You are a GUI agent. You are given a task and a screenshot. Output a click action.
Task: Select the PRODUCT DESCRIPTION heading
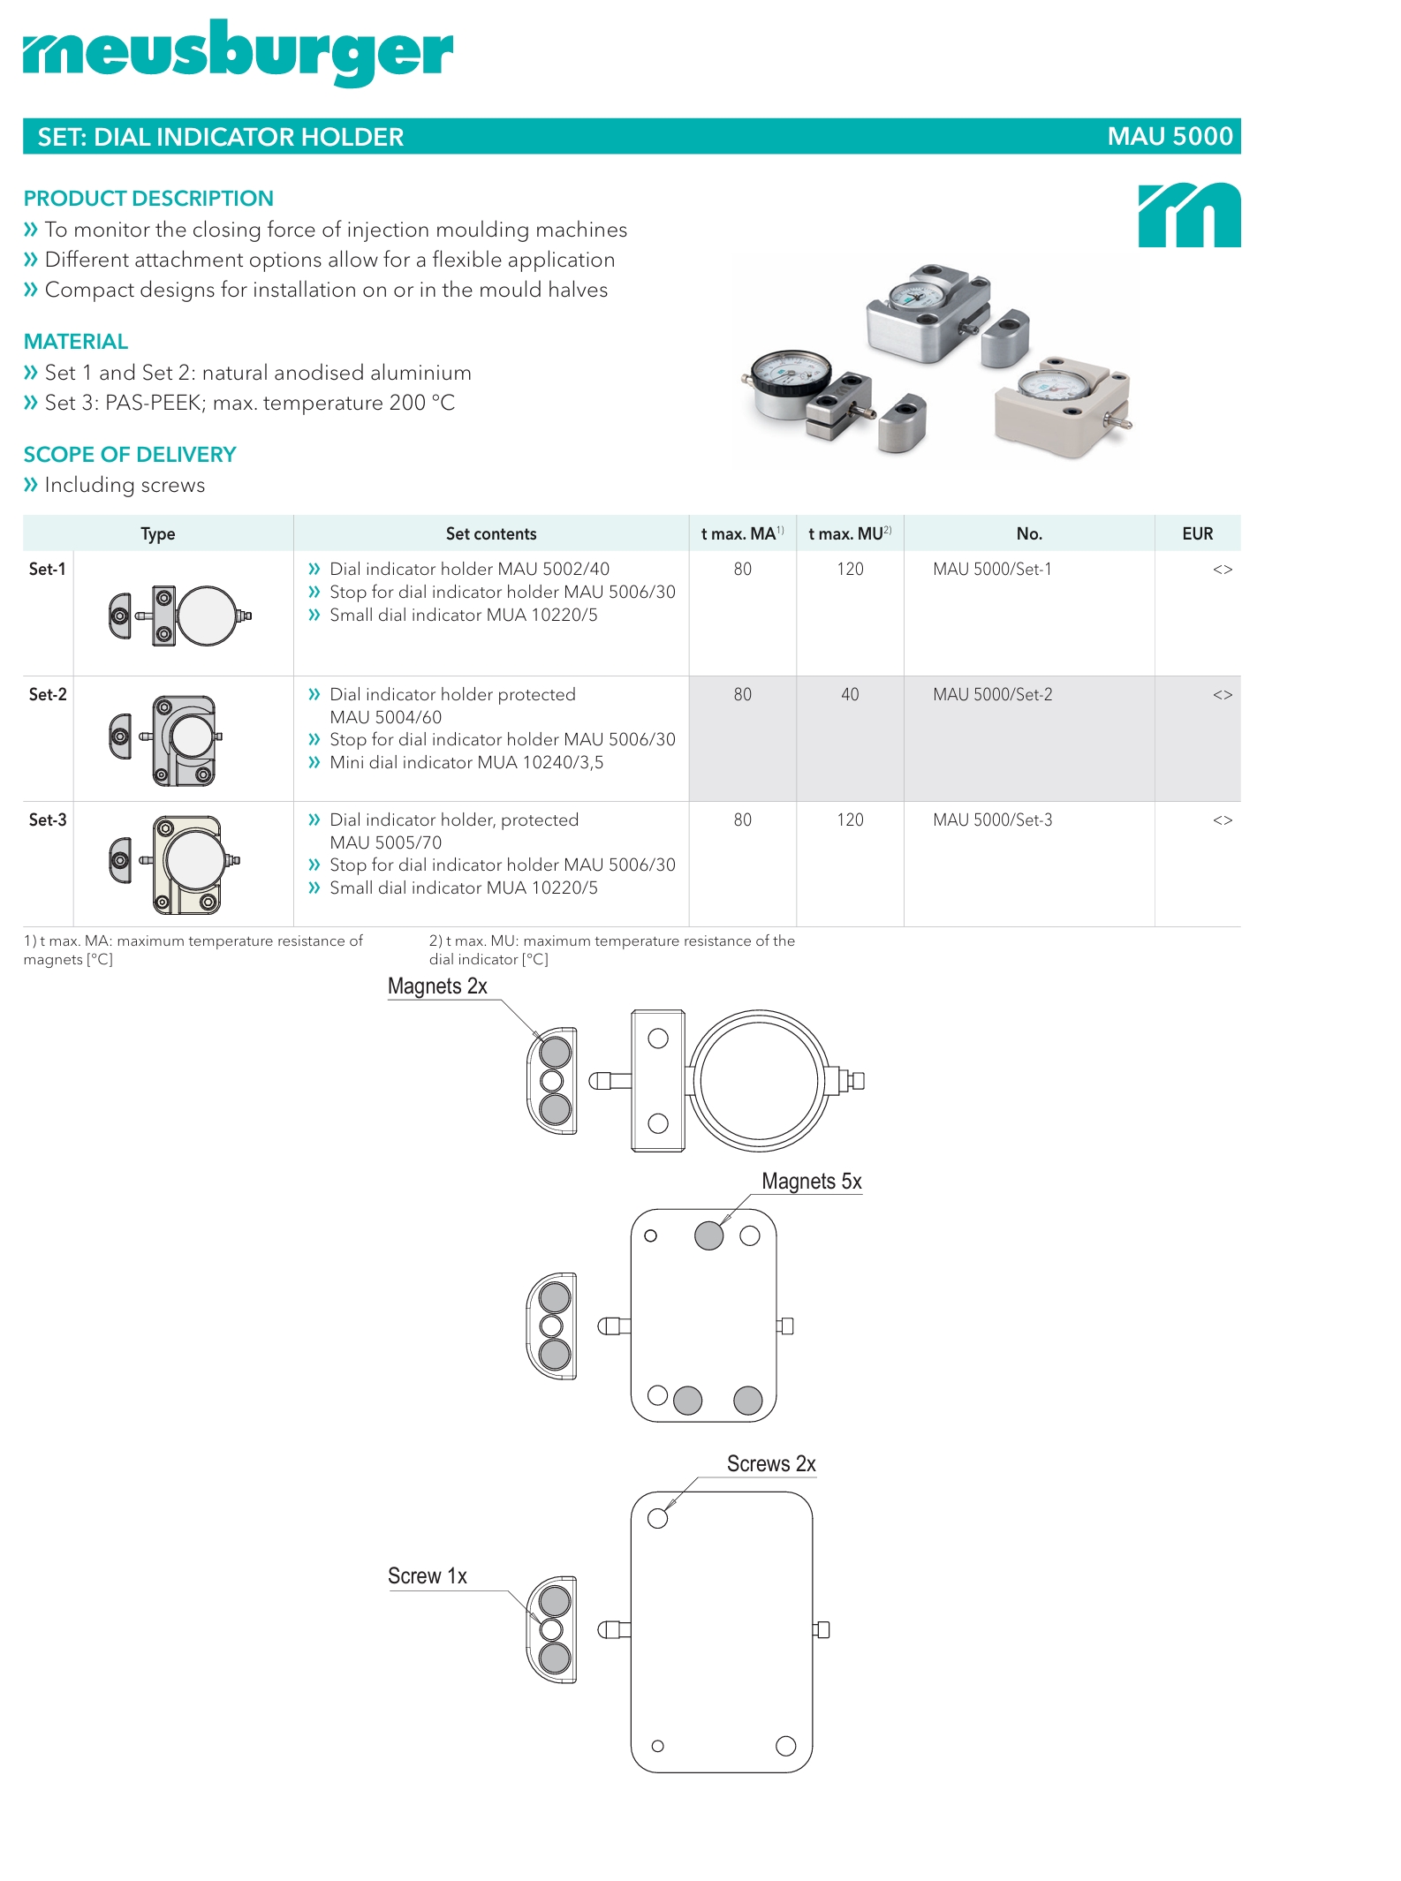(148, 199)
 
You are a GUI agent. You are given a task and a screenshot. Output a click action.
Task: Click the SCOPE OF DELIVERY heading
(130, 455)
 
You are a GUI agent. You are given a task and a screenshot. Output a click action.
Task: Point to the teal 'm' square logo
(1189, 215)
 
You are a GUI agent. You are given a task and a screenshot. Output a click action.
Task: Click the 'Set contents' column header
(490, 533)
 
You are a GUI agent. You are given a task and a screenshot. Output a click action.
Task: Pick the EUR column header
(1197, 533)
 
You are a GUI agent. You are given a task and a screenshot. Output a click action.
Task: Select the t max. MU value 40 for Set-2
(849, 695)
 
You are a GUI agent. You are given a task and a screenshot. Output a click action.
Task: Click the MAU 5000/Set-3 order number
(992, 820)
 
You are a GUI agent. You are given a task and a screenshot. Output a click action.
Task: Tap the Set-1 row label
(48, 570)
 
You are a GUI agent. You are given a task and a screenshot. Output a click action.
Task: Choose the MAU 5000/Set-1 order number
(992, 570)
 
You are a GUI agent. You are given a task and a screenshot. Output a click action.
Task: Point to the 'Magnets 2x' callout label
(437, 986)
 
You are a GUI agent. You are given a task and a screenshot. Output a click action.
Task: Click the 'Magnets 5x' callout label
(811, 1182)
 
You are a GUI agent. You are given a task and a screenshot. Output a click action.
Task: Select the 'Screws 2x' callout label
(770, 1464)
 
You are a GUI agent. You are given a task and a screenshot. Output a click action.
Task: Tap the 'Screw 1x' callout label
(427, 1576)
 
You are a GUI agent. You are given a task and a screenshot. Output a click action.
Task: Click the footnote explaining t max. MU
(611, 950)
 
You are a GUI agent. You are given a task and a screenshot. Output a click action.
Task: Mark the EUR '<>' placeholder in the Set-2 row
(1222, 695)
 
